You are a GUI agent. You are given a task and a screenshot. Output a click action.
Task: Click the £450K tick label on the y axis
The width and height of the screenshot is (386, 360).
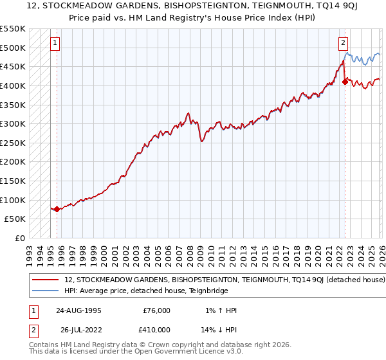(13, 66)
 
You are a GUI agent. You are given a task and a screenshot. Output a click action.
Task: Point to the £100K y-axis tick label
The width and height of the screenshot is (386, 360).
(13, 200)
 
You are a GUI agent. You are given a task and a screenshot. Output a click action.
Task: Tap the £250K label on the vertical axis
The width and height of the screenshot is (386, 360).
(13, 143)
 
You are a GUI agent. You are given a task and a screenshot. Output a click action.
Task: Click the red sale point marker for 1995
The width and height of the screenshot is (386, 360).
(57, 209)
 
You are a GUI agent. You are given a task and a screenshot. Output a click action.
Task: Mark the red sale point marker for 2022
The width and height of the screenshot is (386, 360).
(345, 81)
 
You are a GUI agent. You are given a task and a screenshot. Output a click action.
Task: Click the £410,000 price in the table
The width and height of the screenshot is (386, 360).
(156, 330)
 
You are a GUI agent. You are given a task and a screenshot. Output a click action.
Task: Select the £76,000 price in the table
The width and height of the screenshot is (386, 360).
(156, 310)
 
